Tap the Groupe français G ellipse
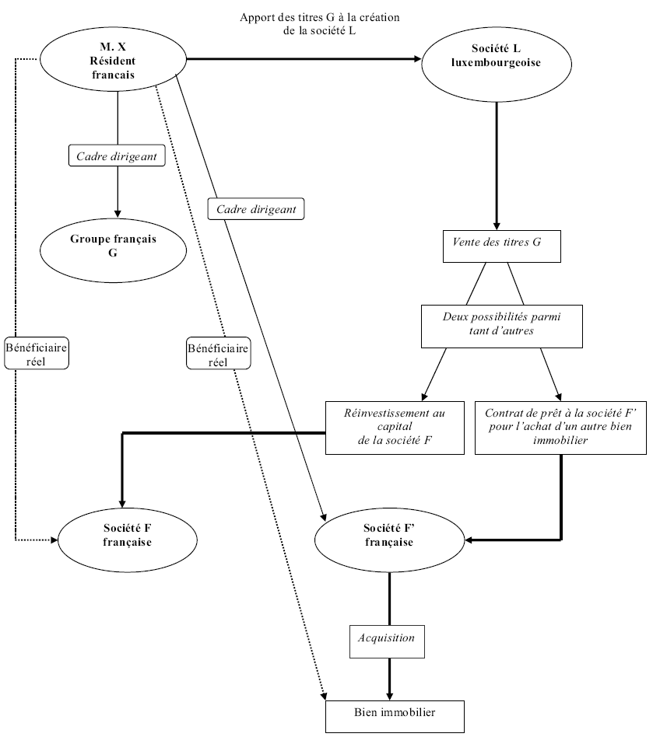click(113, 246)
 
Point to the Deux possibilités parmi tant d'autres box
click(502, 325)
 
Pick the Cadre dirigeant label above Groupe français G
click(117, 156)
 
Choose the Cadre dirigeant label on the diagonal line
click(256, 209)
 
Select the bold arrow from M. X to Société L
click(304, 58)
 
